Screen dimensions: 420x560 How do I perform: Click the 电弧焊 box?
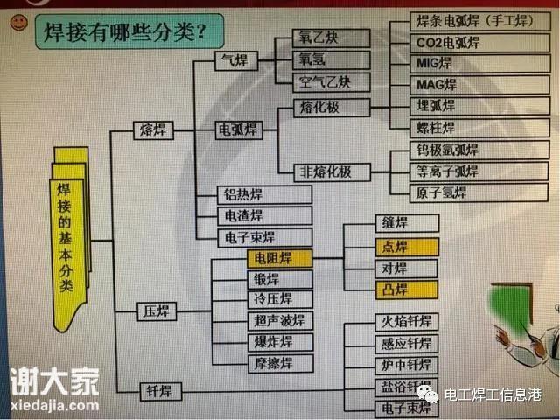point(239,129)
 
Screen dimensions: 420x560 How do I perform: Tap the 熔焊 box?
point(153,129)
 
